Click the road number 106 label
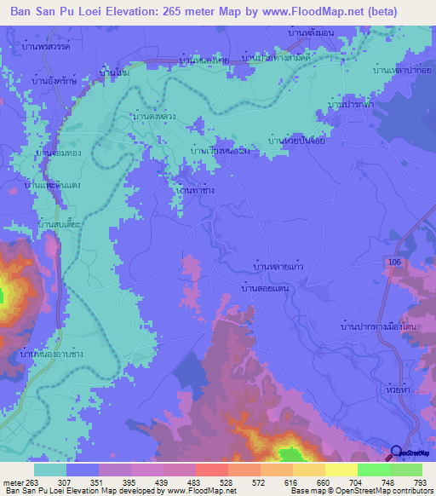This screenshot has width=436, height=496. click(x=393, y=260)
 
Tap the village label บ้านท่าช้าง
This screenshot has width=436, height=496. click(x=192, y=191)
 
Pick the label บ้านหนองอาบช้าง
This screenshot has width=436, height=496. click(x=57, y=352)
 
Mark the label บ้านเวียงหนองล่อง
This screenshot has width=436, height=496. click(x=221, y=151)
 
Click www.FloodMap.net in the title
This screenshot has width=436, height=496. click(x=313, y=9)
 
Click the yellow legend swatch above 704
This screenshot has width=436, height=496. click(x=341, y=470)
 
